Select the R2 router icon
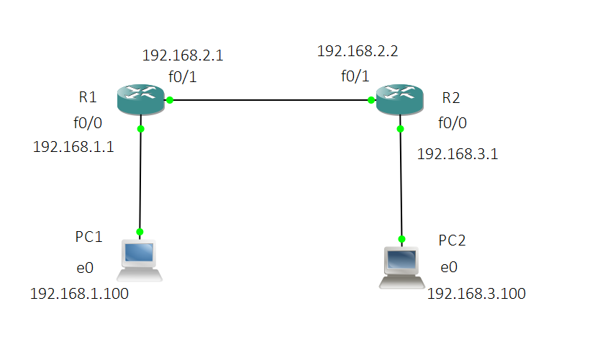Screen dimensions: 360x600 pyautogui.click(x=399, y=99)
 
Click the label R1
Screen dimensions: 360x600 pyautogui.click(x=88, y=96)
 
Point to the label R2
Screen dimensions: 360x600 pyautogui.click(x=452, y=97)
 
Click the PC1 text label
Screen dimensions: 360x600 pyautogui.click(x=89, y=237)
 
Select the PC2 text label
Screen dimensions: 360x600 pyautogui.click(x=452, y=240)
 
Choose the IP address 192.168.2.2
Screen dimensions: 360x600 pyautogui.click(x=357, y=51)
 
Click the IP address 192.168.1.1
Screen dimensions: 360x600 pyautogui.click(x=73, y=147)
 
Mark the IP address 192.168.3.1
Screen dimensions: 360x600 pyautogui.click(x=458, y=153)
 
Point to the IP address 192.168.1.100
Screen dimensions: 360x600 pyautogui.click(x=79, y=293)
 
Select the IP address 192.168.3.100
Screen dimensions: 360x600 pyautogui.click(x=476, y=293)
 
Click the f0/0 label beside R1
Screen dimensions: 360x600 pyautogui.click(x=87, y=122)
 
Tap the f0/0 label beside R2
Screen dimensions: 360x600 pyautogui.click(x=452, y=123)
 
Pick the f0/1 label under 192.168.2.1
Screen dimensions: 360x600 pyautogui.click(x=182, y=76)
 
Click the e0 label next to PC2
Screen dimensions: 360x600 pyautogui.click(x=448, y=268)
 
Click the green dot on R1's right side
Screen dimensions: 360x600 pyautogui.click(x=170, y=100)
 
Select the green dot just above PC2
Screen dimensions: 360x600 pyautogui.click(x=401, y=238)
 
